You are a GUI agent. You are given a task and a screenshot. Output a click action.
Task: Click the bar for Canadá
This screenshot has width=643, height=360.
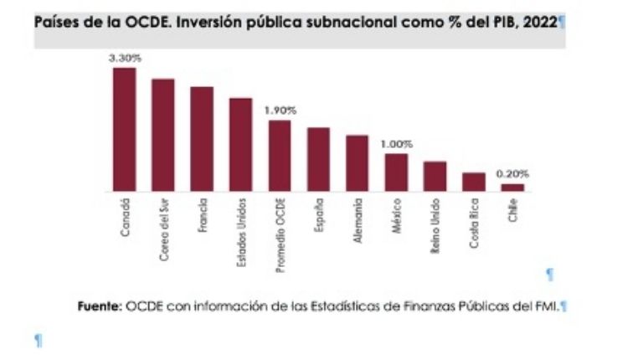point(124,130)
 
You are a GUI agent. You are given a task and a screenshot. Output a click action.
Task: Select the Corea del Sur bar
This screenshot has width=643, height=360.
point(163,136)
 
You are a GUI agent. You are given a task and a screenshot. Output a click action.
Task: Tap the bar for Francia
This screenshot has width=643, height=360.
point(202,139)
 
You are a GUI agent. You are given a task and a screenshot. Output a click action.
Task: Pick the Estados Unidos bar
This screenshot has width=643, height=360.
point(241,145)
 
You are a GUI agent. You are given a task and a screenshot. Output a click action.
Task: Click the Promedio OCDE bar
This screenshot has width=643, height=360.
point(280,156)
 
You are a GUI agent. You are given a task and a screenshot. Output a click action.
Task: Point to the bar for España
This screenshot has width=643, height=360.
point(318,159)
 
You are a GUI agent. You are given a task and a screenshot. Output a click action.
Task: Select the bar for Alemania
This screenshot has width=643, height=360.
point(358,163)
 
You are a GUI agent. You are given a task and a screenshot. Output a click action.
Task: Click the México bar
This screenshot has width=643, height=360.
point(396,172)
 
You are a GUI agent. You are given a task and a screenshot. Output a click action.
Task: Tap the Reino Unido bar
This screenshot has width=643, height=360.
point(435,177)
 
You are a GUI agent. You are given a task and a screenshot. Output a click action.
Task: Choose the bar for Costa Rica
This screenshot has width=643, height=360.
point(474,182)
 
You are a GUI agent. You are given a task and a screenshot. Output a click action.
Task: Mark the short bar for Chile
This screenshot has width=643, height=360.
point(512,188)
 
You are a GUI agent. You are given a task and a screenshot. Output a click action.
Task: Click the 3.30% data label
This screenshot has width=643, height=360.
point(124,58)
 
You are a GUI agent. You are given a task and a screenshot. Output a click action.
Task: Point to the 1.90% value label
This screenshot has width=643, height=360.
point(280,111)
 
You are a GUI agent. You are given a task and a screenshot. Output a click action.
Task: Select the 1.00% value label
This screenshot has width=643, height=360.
point(396,144)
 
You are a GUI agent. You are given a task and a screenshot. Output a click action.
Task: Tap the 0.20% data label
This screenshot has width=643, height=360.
point(512,174)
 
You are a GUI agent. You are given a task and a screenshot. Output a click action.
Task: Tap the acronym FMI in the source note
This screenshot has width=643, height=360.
point(546,307)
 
